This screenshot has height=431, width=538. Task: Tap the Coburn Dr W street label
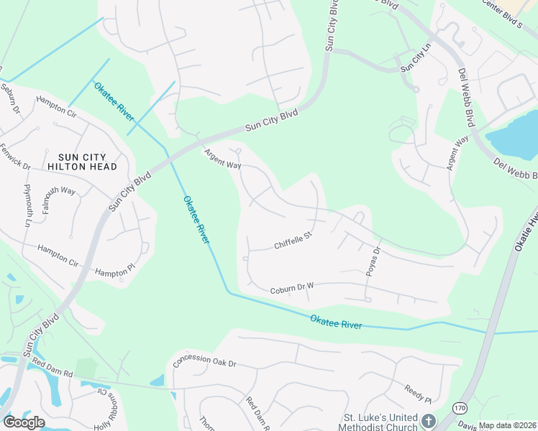click(x=292, y=288)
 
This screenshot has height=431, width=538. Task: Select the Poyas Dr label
click(x=373, y=261)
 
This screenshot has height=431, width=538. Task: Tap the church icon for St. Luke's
click(x=429, y=421)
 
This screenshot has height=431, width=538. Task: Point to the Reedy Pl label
click(x=417, y=394)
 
